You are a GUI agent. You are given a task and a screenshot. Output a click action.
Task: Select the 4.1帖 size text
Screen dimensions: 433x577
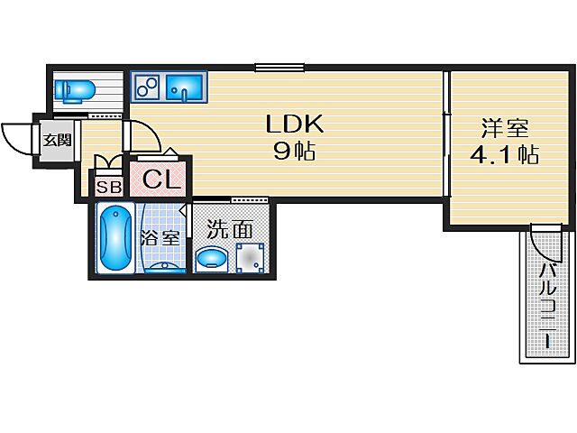click(x=505, y=154)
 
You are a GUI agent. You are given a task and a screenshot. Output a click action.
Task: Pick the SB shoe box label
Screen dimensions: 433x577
click(x=108, y=188)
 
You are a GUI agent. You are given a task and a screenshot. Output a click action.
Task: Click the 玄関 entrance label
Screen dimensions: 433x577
click(x=54, y=141)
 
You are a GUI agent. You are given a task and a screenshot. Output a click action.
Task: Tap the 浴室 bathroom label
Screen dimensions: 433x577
click(x=162, y=239)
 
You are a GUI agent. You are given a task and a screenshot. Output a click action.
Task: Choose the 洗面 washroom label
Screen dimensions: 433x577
click(x=230, y=229)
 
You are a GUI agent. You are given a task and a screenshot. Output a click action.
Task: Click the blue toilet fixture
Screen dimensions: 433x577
click(x=75, y=90)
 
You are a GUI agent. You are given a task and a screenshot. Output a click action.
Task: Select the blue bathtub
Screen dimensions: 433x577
click(x=114, y=239)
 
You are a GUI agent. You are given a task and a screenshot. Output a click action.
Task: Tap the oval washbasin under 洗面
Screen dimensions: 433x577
click(x=214, y=259)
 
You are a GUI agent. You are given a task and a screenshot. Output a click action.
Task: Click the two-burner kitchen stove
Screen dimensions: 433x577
click(x=148, y=88)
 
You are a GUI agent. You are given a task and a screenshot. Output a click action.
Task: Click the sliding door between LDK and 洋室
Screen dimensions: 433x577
click(x=445, y=135)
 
